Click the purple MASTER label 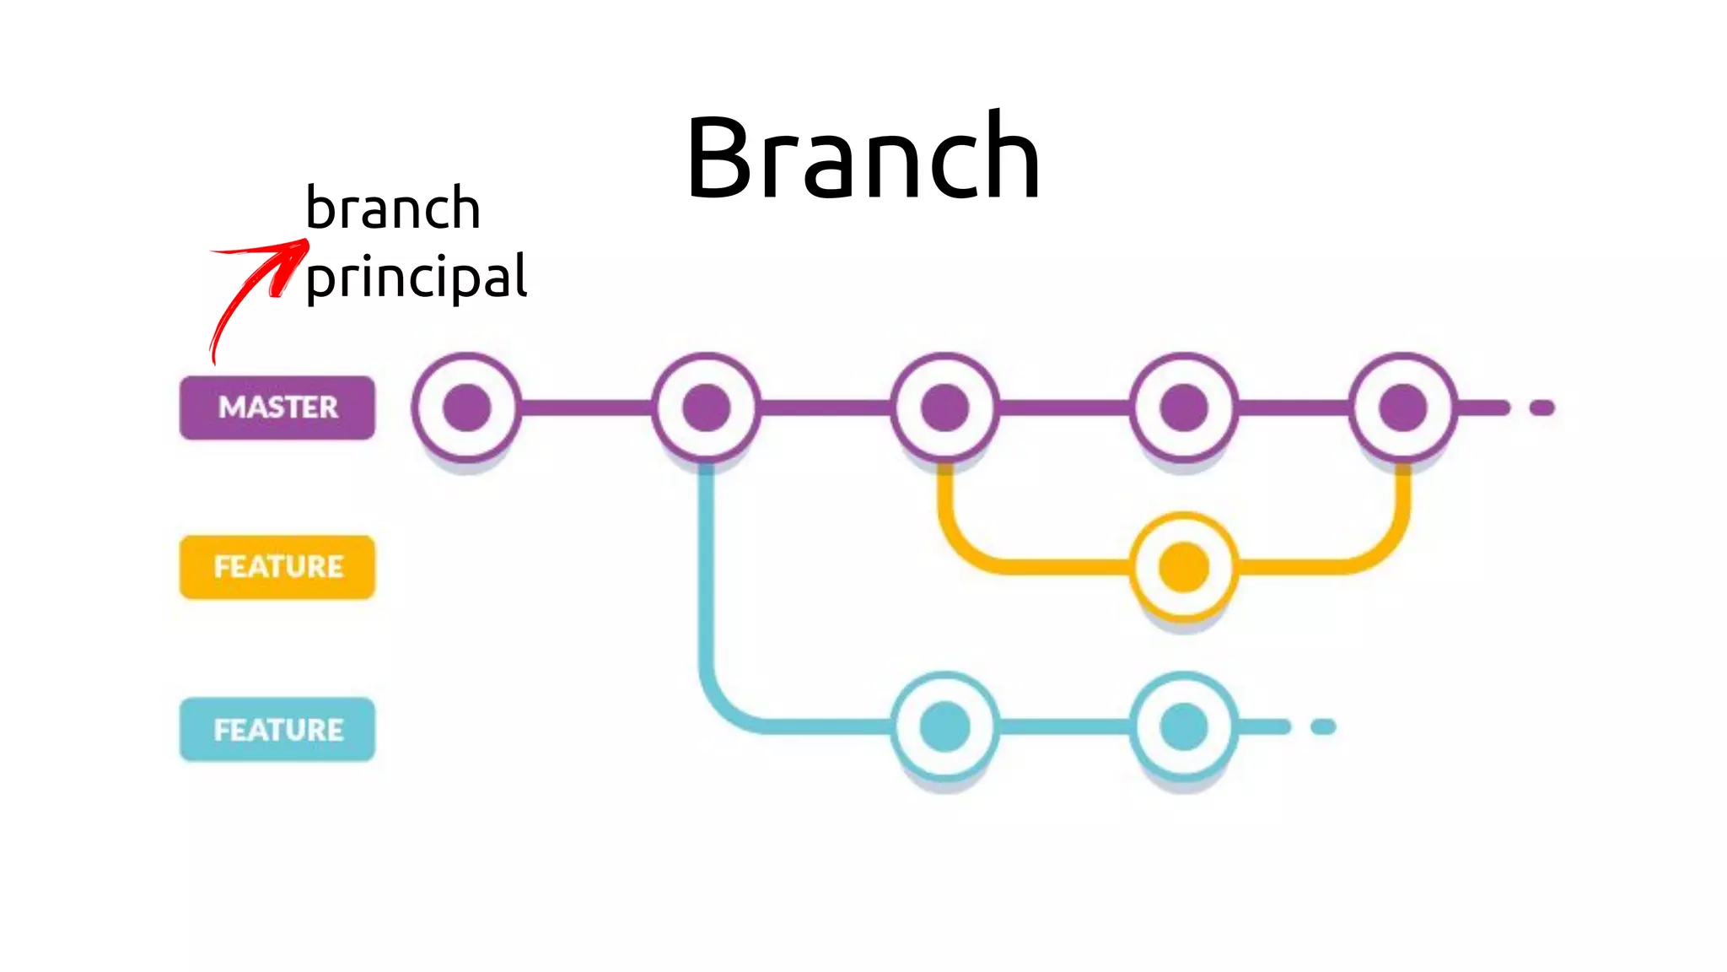[x=277, y=408]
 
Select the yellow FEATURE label [x=277, y=567]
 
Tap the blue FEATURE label [x=277, y=729]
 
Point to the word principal [x=417, y=278]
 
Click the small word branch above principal [x=393, y=208]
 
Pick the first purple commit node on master [x=466, y=408]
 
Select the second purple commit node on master [x=706, y=408]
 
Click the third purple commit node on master [x=944, y=408]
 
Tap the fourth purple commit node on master [x=1183, y=408]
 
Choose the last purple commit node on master [x=1402, y=408]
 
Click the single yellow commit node [x=1183, y=567]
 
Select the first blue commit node [x=944, y=726]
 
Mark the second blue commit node [x=1183, y=726]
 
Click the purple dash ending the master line [x=1541, y=408]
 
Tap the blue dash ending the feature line [x=1323, y=727]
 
